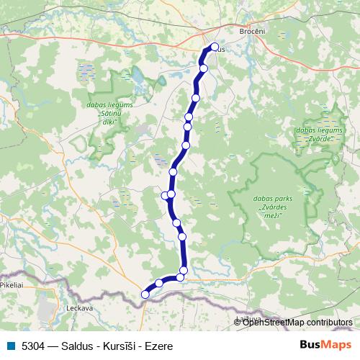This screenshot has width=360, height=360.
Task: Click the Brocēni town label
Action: [x=251, y=32]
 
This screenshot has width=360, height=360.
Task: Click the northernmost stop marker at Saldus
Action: [x=214, y=48]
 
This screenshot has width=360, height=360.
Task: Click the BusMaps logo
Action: [x=321, y=346]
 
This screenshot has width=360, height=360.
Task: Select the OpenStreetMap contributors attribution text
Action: [x=297, y=322]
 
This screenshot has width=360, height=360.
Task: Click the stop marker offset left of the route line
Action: [x=165, y=194]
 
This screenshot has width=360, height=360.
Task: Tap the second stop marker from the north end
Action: [x=204, y=68]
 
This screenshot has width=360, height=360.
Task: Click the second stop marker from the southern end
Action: [x=159, y=283]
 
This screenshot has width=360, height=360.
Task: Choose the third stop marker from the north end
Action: [x=196, y=97]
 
